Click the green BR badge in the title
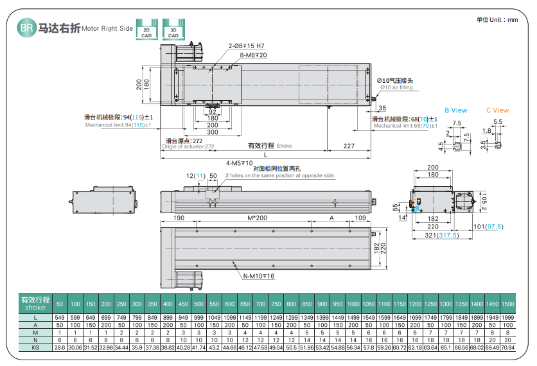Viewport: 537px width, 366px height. [x=26, y=28]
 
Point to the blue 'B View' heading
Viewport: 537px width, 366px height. [x=456, y=110]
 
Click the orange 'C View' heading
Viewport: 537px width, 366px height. [x=497, y=110]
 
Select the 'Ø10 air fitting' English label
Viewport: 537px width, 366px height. [x=396, y=87]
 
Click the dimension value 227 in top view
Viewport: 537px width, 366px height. [x=348, y=146]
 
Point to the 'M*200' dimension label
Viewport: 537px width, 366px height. [x=257, y=218]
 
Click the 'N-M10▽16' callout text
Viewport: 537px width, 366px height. [x=259, y=275]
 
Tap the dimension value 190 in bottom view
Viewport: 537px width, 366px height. [x=179, y=218]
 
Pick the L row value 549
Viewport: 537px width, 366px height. [x=60, y=318]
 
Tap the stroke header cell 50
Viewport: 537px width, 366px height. [x=60, y=303]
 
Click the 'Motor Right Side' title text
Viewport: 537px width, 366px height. [x=107, y=29]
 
